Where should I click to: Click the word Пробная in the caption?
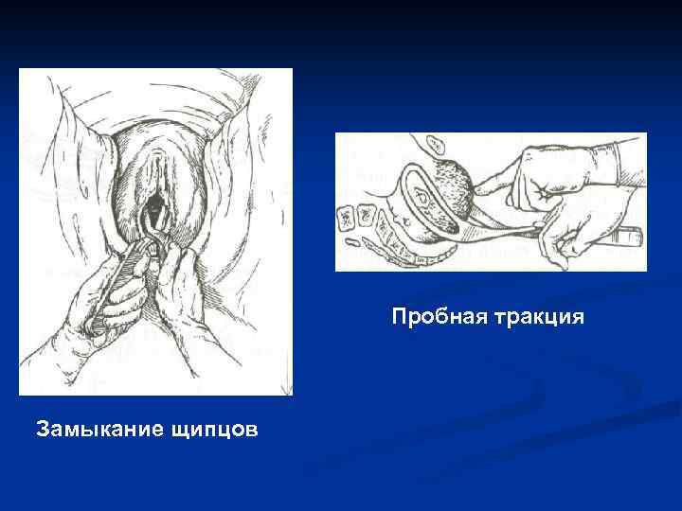point(439,317)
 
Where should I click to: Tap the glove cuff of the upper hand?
point(625,156)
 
